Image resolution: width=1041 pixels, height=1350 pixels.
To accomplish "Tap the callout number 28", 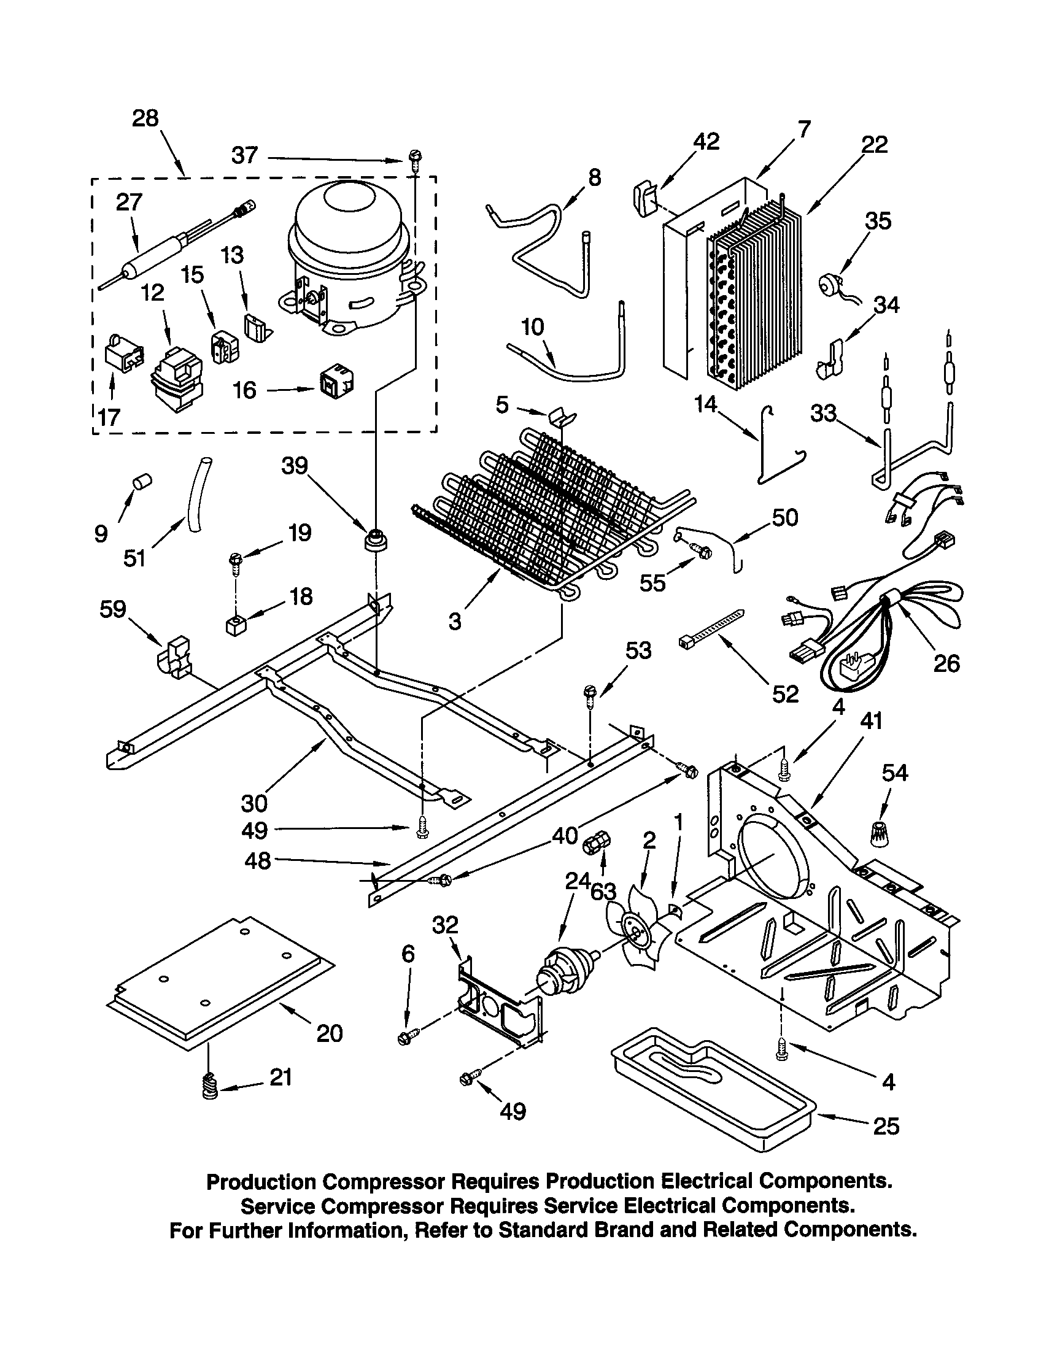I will click(x=145, y=118).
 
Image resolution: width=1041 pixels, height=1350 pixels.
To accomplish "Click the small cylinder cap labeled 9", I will click(x=144, y=481).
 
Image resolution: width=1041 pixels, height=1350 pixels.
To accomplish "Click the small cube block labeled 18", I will click(x=233, y=626).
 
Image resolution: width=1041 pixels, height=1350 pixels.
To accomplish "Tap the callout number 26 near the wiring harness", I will click(x=946, y=664).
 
